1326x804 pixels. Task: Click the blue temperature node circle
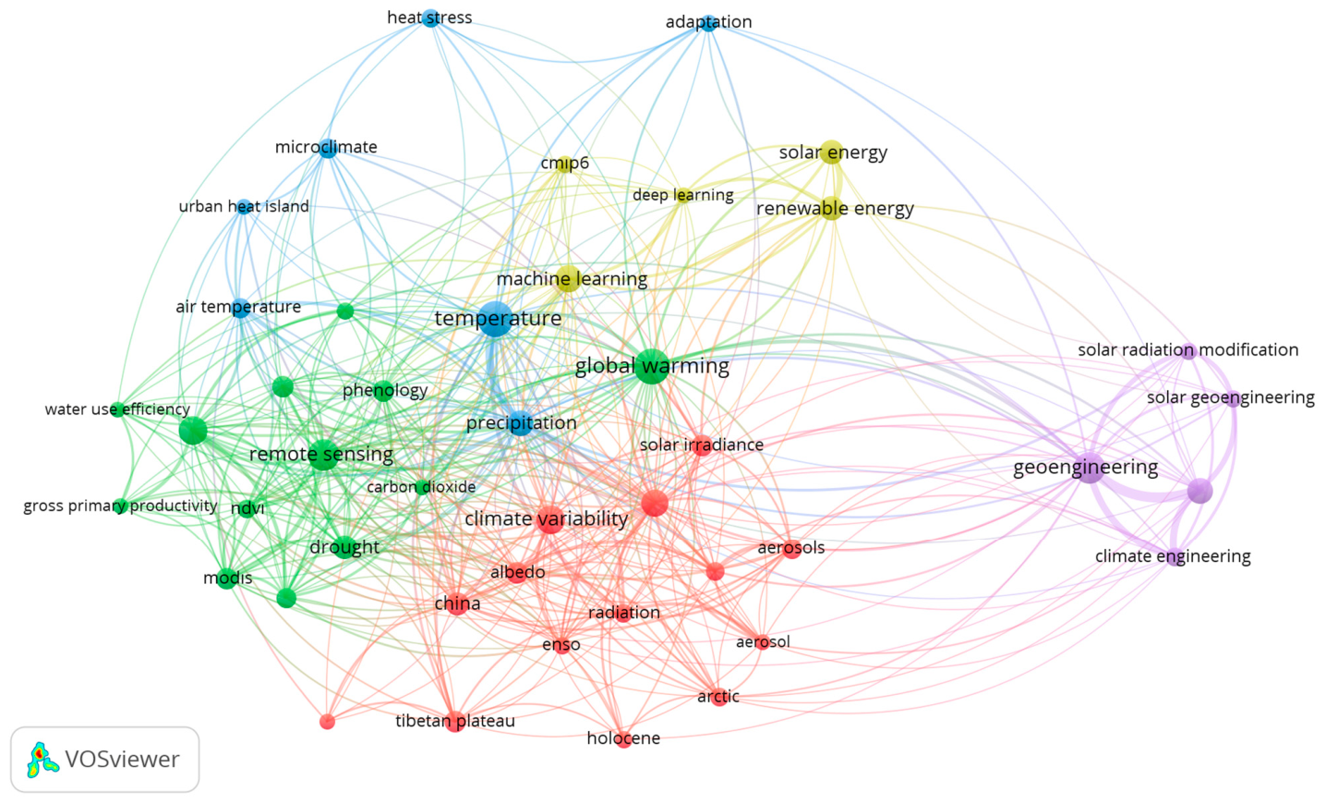click(x=495, y=319)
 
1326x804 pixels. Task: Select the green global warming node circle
click(x=652, y=367)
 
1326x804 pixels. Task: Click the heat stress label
click(x=429, y=18)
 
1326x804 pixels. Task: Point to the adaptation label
click(x=708, y=22)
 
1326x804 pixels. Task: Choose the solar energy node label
click(x=833, y=152)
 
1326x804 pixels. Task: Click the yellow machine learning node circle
click(x=568, y=278)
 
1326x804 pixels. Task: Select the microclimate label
click(x=326, y=147)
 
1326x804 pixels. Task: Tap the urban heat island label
click(x=244, y=206)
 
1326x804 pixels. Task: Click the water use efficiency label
click(x=117, y=409)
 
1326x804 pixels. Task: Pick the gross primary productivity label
click(x=120, y=506)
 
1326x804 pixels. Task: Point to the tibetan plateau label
click(x=455, y=721)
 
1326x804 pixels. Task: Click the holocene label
click(x=623, y=738)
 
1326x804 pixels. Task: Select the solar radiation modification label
click(x=1188, y=350)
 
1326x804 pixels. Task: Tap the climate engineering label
click(x=1173, y=556)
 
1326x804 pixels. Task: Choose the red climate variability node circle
click(x=549, y=519)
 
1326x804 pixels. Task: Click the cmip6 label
click(x=565, y=163)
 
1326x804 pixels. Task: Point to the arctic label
click(x=718, y=697)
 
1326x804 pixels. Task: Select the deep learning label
click(x=683, y=195)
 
